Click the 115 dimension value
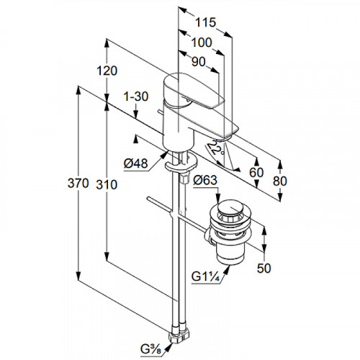click(205, 22)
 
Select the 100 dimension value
click(202, 42)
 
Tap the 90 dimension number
click(199, 62)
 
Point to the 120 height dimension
click(107, 71)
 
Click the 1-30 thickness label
click(136, 96)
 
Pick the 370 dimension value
click(78, 184)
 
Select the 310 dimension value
click(107, 185)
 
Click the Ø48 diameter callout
click(135, 163)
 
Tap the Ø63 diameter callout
click(205, 180)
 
